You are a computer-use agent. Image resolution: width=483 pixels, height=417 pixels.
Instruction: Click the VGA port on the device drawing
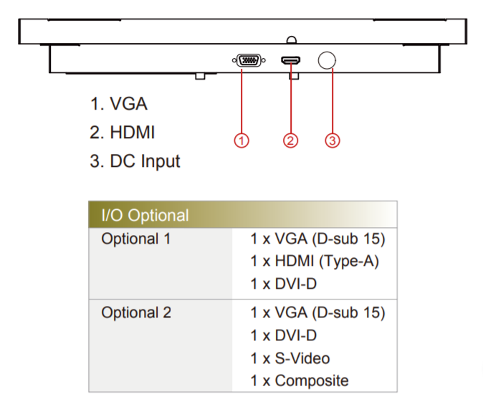247,62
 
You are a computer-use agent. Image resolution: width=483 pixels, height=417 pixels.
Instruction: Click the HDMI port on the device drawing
290,62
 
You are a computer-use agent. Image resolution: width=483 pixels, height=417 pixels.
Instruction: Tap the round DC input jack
327,61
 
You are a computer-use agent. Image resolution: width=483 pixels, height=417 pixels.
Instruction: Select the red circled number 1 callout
242,140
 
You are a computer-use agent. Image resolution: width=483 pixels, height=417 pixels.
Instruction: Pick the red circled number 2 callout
290,140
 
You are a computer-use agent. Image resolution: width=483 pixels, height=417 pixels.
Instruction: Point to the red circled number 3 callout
331,140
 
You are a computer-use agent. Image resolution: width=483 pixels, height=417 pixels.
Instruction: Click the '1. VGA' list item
119,104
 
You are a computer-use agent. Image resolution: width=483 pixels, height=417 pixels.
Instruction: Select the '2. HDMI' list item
123,133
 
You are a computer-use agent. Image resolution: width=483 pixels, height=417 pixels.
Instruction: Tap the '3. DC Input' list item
135,161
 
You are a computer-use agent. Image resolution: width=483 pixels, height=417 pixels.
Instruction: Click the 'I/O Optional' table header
145,215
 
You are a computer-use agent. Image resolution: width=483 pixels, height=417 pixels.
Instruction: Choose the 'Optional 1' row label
136,239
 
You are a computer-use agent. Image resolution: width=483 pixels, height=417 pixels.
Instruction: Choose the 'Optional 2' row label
136,313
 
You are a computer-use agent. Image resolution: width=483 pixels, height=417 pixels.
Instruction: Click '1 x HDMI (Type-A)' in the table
315,262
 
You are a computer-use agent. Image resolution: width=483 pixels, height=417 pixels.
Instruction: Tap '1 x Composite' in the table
300,380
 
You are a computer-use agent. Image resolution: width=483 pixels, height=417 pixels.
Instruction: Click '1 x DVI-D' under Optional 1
284,284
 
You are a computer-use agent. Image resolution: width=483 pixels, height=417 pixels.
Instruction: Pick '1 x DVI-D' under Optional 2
284,335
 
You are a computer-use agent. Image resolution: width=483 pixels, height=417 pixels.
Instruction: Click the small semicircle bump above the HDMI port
290,40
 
